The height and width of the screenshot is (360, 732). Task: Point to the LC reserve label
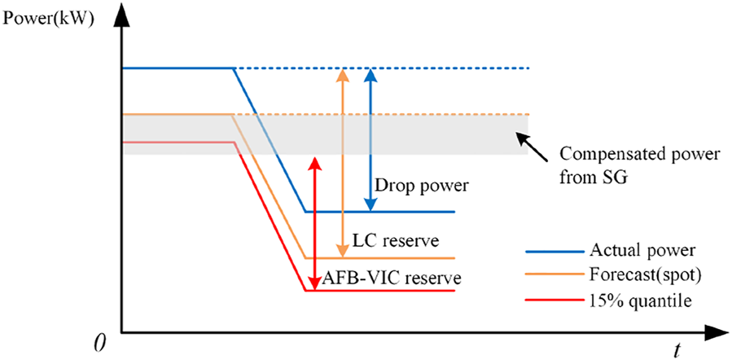point(396,241)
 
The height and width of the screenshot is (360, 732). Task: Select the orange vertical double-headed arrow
point(343,163)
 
